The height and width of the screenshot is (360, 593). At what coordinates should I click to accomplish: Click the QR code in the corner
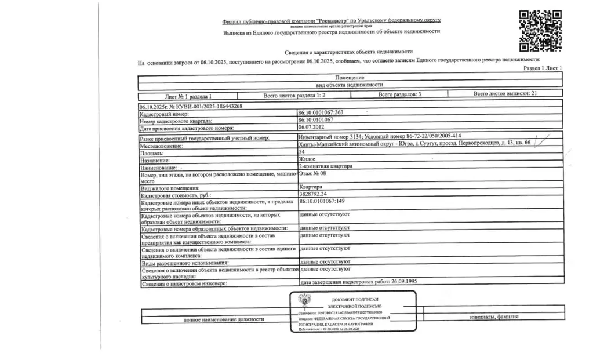540,31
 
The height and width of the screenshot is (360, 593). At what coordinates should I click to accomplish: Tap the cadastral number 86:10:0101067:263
320,113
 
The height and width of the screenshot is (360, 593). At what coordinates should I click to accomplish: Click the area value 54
301,151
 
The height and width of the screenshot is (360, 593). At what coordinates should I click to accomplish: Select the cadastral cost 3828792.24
313,194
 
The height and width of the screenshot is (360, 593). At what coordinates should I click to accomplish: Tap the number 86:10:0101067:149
322,201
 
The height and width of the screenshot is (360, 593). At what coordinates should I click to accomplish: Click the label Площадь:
152,153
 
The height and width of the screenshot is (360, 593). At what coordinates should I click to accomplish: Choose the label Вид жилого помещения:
170,188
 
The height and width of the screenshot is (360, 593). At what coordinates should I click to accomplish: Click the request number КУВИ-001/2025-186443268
191,107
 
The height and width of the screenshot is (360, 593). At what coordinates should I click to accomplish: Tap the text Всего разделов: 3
399,94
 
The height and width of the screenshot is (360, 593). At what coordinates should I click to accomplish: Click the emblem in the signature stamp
304,300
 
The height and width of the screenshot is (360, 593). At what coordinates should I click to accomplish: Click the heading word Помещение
350,78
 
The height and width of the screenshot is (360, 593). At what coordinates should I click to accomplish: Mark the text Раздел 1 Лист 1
543,68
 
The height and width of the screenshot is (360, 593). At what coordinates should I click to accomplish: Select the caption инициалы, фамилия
494,317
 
